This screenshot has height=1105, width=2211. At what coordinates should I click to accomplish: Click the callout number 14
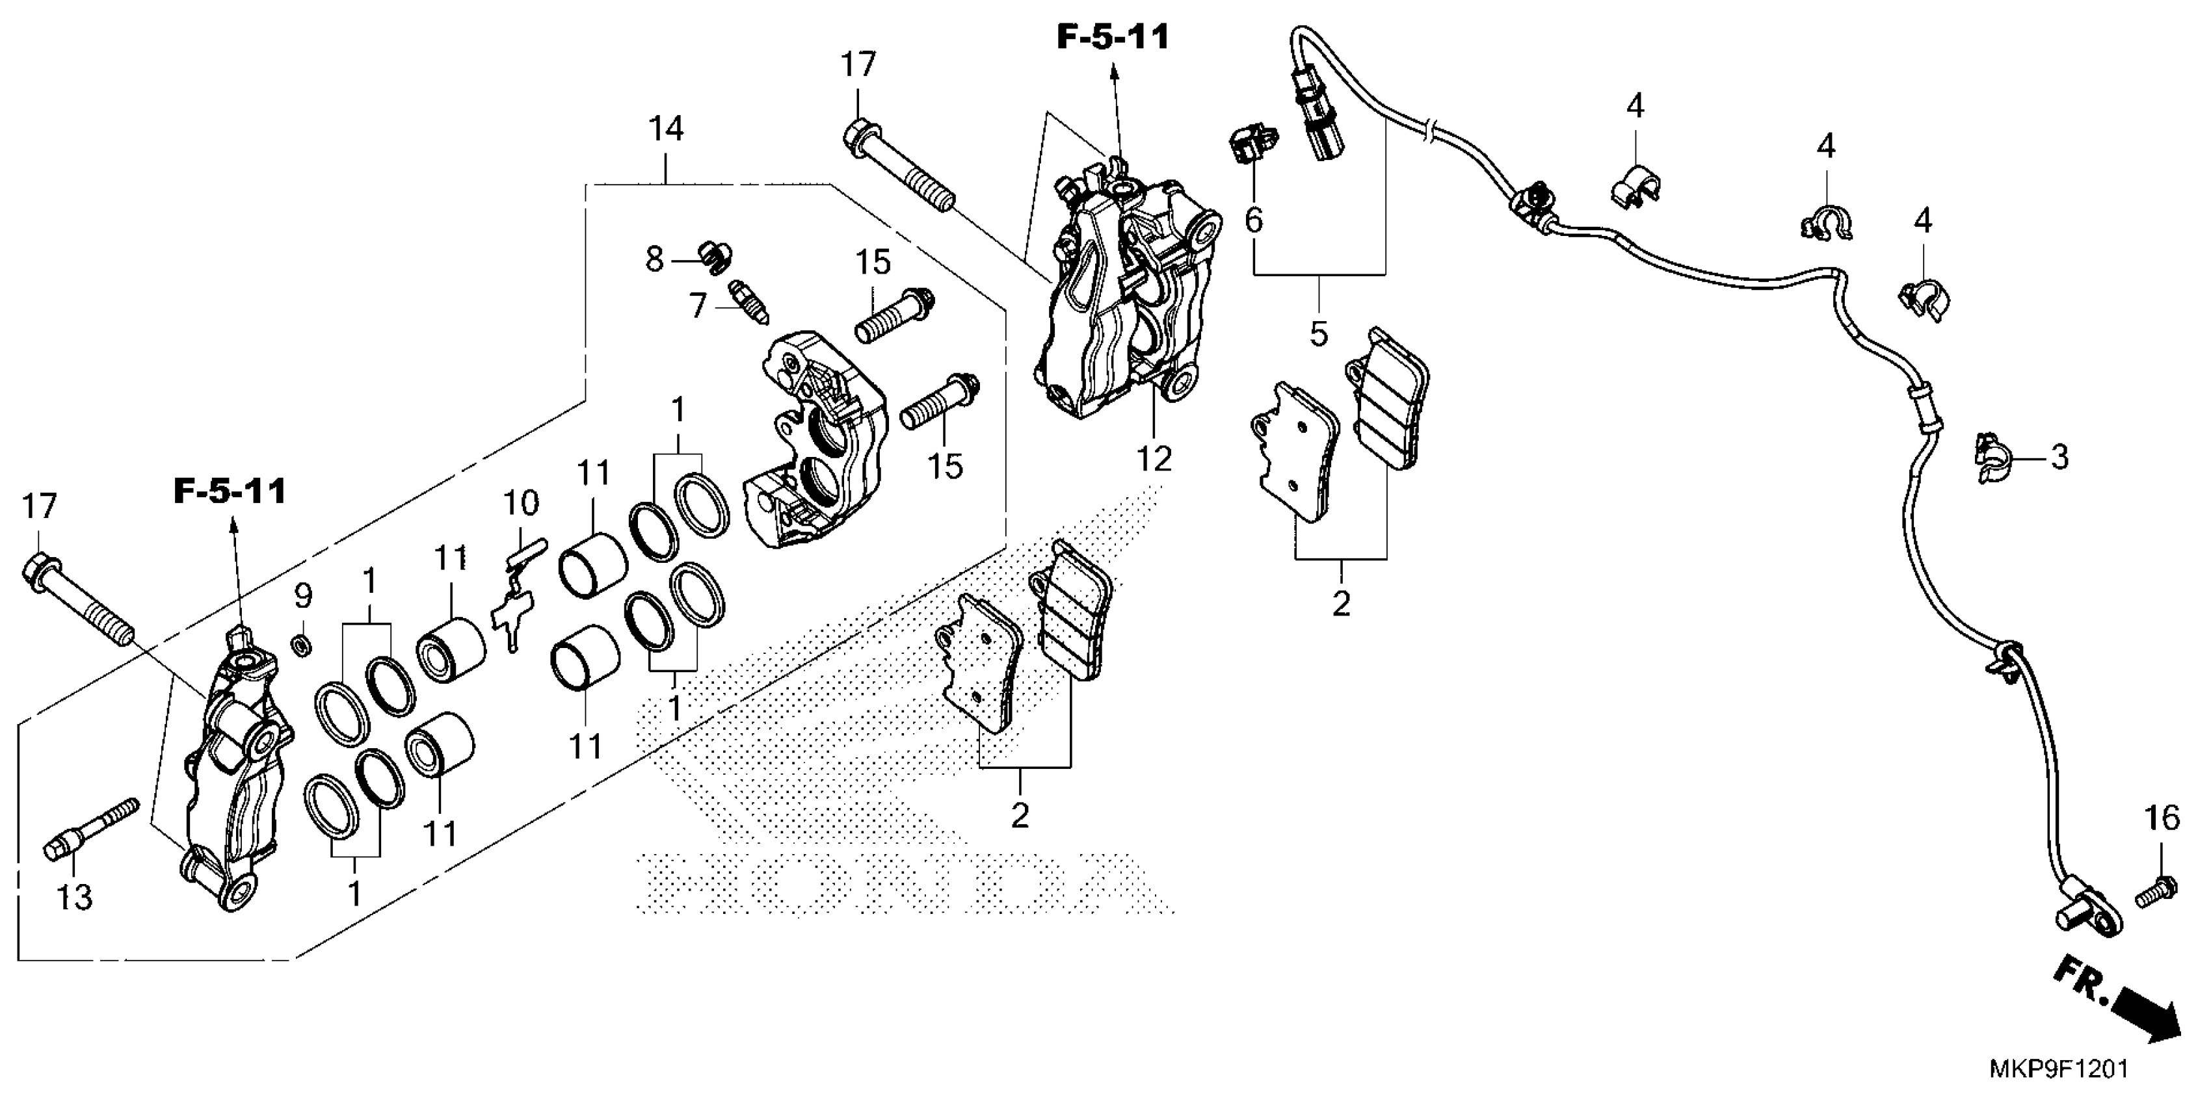tap(666, 129)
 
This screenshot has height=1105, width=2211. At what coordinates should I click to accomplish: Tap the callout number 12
tap(1154, 459)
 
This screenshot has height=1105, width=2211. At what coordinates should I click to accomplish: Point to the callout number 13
tap(74, 898)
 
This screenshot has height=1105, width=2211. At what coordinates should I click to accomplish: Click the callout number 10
tap(521, 504)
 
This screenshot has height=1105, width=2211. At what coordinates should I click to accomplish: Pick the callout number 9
tap(303, 595)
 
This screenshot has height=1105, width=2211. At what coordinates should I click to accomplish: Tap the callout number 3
tap(2060, 457)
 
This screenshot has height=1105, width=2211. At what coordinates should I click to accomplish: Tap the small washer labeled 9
tap(302, 643)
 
